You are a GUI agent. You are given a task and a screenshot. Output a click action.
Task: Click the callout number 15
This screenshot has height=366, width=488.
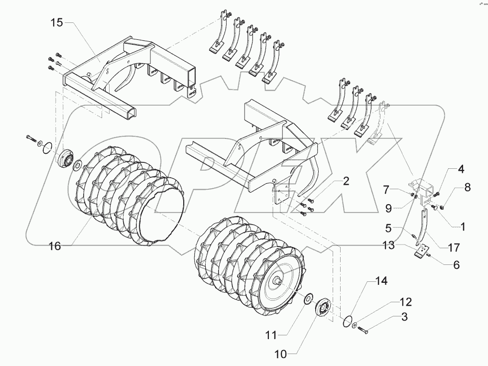pyautogui.click(x=56, y=23)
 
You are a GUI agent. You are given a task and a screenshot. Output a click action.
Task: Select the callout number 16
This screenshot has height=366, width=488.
pyautogui.click(x=55, y=245)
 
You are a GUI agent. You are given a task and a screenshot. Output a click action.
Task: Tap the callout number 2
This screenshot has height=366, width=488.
pyautogui.click(x=346, y=181)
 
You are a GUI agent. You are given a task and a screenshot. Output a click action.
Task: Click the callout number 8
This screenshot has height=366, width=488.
pyautogui.click(x=467, y=188)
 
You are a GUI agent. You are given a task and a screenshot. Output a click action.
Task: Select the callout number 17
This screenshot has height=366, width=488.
pyautogui.click(x=453, y=247)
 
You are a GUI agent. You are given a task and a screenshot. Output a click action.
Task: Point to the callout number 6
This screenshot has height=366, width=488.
pyautogui.click(x=456, y=265)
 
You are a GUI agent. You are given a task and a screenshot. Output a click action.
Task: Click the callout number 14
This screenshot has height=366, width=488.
pyautogui.click(x=381, y=281)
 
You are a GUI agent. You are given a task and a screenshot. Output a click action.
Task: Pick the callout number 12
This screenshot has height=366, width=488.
pyautogui.click(x=406, y=302)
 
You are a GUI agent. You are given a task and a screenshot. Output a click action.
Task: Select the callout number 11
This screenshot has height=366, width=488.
pyautogui.click(x=270, y=336)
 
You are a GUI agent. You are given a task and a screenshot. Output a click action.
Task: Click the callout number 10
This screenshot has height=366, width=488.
pyautogui.click(x=280, y=355)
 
